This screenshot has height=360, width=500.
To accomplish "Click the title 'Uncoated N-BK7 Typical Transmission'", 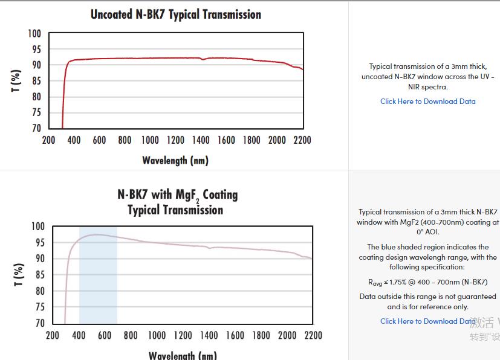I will [x=176, y=14].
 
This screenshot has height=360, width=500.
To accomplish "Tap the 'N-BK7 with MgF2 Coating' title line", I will [x=177, y=194].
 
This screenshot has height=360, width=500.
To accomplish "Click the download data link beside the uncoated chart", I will [x=427, y=101].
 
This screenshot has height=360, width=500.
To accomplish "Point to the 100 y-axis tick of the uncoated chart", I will [x=34, y=34].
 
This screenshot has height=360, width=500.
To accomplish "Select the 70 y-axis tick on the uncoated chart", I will [x=36, y=128].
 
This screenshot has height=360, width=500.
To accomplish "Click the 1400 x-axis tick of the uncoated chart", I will [x=201, y=140].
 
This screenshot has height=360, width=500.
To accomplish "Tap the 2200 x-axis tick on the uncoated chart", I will [x=302, y=140].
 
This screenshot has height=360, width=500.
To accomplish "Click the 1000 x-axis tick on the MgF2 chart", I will [x=157, y=335].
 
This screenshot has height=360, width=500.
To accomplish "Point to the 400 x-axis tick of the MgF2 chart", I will [x=79, y=335].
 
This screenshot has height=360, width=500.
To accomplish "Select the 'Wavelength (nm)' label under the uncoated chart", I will [x=175, y=160].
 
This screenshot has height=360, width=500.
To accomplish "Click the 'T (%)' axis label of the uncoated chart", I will [x=16, y=81].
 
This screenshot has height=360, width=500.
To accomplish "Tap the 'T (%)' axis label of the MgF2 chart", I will [x=19, y=275].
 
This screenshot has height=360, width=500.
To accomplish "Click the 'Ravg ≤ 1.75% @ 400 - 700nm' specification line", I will [x=427, y=282].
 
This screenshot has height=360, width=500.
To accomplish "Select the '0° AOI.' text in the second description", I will [x=427, y=232].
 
